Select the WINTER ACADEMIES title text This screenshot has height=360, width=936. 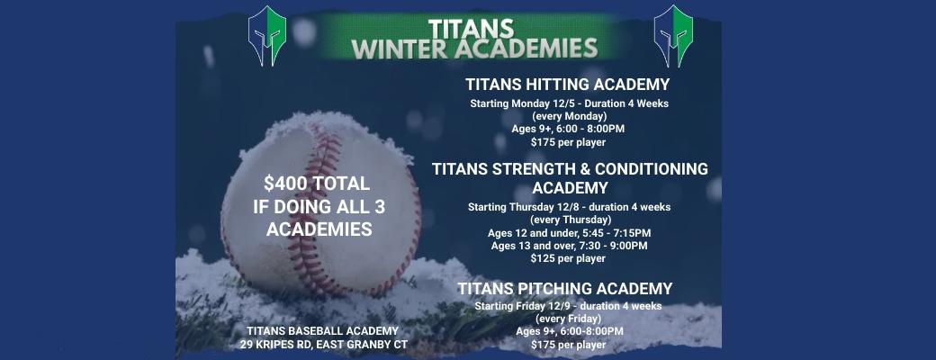[474, 47]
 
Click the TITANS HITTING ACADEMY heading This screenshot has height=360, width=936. [567, 85]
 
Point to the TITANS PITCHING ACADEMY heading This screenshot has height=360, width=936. [564, 289]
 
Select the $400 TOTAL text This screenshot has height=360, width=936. [311, 184]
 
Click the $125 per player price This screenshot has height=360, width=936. [568, 258]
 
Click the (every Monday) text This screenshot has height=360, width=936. [569, 116]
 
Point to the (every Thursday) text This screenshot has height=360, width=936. [570, 220]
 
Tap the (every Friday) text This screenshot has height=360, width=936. [569, 319]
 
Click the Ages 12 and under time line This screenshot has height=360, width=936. [568, 233]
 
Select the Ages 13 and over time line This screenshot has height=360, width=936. [568, 246]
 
